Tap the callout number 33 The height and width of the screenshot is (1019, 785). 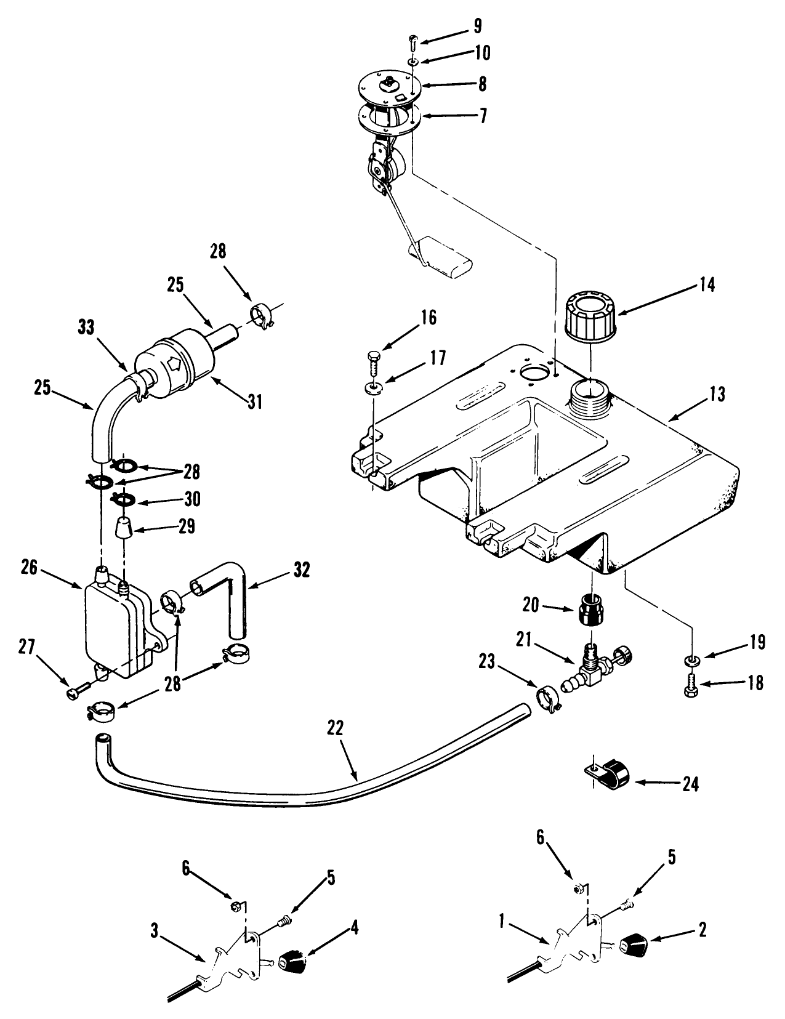87,328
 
